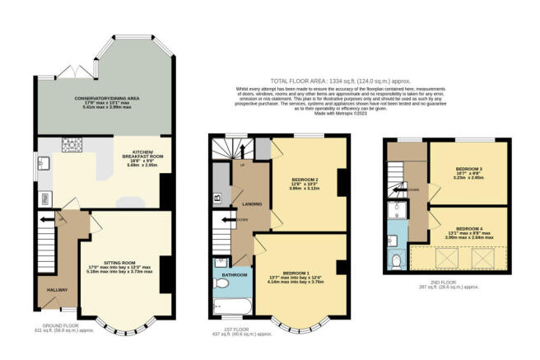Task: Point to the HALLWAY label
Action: pyautogui.click(x=51, y=289)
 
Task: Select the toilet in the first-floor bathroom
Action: pyautogui.click(x=220, y=283)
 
